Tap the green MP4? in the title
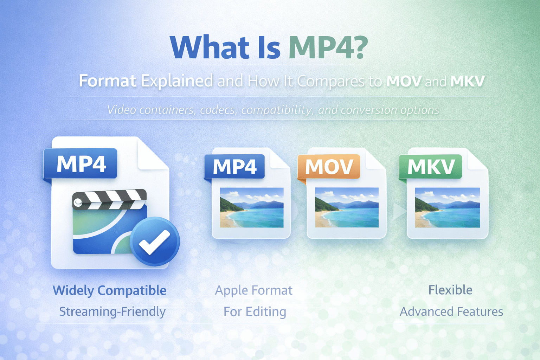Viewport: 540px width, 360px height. [328, 47]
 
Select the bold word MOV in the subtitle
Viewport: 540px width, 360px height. [404, 81]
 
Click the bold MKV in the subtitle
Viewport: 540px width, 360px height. [467, 81]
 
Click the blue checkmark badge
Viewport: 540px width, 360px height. [155, 242]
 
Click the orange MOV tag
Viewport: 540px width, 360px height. [329, 166]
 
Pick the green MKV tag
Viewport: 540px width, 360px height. [431, 166]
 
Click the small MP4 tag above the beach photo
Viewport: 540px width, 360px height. [234, 166]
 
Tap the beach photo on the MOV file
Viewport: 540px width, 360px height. [347, 207]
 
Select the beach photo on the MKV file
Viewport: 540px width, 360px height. [447, 207]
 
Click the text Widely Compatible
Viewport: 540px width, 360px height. [109, 290]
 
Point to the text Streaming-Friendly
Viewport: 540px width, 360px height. [112, 311]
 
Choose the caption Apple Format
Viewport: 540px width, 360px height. [253, 290]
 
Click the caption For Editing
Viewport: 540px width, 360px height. [255, 311]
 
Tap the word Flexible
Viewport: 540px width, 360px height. [450, 290]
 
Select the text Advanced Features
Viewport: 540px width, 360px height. [451, 311]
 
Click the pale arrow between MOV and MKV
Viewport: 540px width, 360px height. [399, 211]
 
